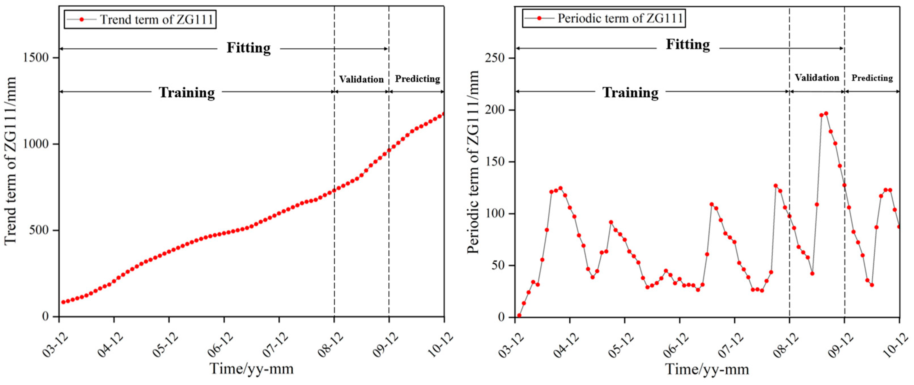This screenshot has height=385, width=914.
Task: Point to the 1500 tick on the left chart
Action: tap(36, 58)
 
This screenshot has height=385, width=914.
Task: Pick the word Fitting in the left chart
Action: tap(248, 48)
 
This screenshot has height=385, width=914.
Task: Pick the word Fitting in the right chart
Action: tap(688, 45)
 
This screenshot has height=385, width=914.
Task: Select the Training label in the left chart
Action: tap(187, 93)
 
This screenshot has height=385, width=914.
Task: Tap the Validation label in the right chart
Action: tap(817, 78)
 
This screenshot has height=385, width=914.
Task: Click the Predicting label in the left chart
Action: tap(417, 79)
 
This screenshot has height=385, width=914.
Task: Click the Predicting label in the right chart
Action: tap(872, 78)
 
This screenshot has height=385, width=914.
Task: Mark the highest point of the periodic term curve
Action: tap(826, 114)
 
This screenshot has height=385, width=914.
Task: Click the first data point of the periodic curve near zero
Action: tap(519, 315)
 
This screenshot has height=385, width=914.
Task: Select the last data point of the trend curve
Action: tap(444, 114)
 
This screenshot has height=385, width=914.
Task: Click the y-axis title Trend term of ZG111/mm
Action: tap(11, 160)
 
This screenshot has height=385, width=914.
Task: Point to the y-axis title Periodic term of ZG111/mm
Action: tap(473, 162)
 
